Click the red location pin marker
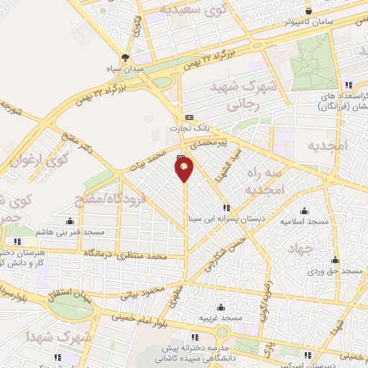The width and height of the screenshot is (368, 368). click(x=185, y=169)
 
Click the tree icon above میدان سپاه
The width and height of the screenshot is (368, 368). click(x=126, y=58)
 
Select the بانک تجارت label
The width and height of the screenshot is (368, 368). click(x=188, y=129)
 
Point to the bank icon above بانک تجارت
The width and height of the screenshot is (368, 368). click(x=189, y=117)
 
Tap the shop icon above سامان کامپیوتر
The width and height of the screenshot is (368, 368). click(x=308, y=10)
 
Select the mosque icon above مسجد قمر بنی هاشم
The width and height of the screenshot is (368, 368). click(x=70, y=221)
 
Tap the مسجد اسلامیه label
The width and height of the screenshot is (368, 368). click(x=305, y=222)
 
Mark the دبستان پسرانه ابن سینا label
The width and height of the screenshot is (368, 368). click(x=224, y=219)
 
